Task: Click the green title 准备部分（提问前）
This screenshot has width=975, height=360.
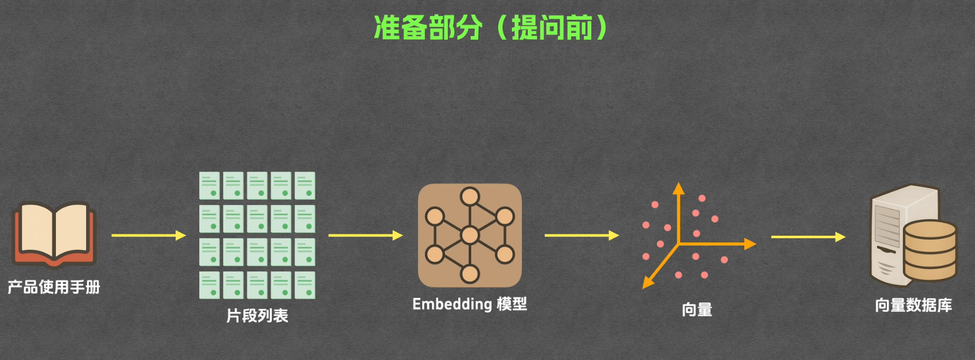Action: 491,28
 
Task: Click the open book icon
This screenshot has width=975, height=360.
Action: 54,234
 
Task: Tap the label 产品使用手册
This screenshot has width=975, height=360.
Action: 54,287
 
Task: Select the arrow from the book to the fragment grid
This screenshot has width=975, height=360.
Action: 148,235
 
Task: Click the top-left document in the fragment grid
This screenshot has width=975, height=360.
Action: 210,185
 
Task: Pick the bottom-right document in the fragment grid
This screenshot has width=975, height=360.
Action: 304,286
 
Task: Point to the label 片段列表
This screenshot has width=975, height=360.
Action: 257,316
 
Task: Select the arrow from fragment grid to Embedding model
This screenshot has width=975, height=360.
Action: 365,235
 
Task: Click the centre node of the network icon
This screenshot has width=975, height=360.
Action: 470,235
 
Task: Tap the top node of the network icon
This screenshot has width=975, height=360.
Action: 470,197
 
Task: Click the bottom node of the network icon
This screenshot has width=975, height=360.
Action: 470,273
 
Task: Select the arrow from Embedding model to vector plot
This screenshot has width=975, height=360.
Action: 581,235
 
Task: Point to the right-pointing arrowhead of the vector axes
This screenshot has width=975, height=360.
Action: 750,244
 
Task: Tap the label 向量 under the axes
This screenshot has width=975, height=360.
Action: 697,310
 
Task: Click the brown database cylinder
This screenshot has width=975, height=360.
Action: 929,250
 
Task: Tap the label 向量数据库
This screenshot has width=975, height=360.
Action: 913,305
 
